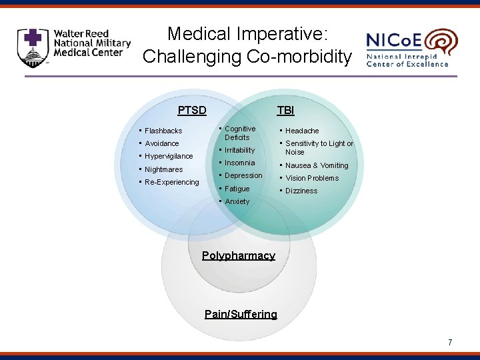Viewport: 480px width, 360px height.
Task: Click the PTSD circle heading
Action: (x=192, y=110)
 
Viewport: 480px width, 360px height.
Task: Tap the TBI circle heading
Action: (x=285, y=110)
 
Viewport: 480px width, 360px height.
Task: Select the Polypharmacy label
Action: (x=238, y=256)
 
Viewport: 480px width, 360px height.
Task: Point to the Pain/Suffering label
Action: (x=241, y=314)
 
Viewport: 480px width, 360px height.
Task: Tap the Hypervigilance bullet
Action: (x=169, y=156)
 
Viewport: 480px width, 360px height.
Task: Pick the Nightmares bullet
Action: (x=163, y=169)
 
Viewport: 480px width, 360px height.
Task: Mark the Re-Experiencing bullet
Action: (x=171, y=182)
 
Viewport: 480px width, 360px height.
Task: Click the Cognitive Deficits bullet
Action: (x=239, y=133)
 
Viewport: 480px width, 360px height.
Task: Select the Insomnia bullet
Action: (x=239, y=163)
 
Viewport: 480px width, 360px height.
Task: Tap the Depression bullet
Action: (x=243, y=175)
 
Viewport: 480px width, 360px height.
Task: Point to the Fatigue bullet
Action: (x=237, y=189)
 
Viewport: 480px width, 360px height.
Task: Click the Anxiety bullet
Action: (x=237, y=201)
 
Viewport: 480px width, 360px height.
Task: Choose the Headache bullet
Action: (x=302, y=131)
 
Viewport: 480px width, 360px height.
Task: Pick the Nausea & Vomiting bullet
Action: (x=317, y=165)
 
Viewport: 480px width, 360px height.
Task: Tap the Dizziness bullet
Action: (x=301, y=191)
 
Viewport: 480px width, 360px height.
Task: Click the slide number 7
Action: (x=450, y=343)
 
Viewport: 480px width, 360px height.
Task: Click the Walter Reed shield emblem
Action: (x=33, y=47)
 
